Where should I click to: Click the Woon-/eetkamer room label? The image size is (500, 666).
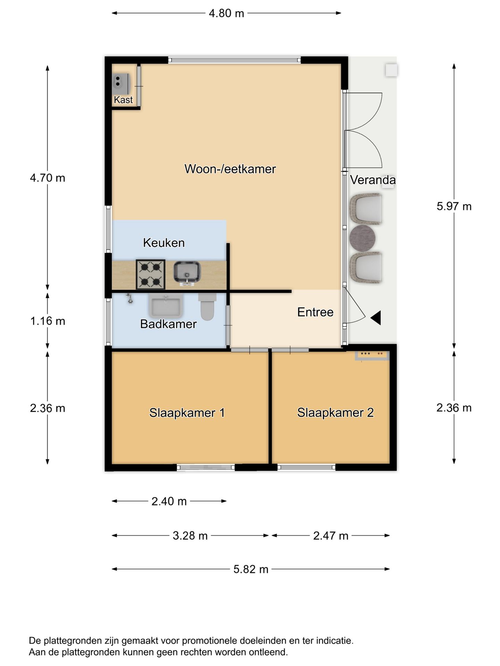click(x=230, y=169)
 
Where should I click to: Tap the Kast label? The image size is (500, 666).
click(x=123, y=100)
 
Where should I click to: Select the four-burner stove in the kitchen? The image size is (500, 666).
click(x=150, y=274)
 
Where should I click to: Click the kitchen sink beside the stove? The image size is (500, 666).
click(x=187, y=272)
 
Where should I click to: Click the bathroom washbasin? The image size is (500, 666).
click(x=166, y=305)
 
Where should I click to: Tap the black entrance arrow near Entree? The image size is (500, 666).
click(x=376, y=318)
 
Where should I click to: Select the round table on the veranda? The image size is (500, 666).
click(x=362, y=238)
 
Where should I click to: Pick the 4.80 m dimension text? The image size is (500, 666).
click(x=226, y=14)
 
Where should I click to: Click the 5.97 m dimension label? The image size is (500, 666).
click(x=454, y=206)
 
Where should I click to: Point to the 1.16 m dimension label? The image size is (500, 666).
click(x=48, y=321)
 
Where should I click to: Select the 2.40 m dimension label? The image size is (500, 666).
click(x=169, y=501)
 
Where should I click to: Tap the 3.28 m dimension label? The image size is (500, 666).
click(x=190, y=536)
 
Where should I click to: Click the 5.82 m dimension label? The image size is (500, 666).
click(x=251, y=569)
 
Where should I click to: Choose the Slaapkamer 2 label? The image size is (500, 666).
click(x=335, y=412)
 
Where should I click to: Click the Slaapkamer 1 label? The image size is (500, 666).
click(x=187, y=413)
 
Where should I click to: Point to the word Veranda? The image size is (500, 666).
click(x=373, y=180)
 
